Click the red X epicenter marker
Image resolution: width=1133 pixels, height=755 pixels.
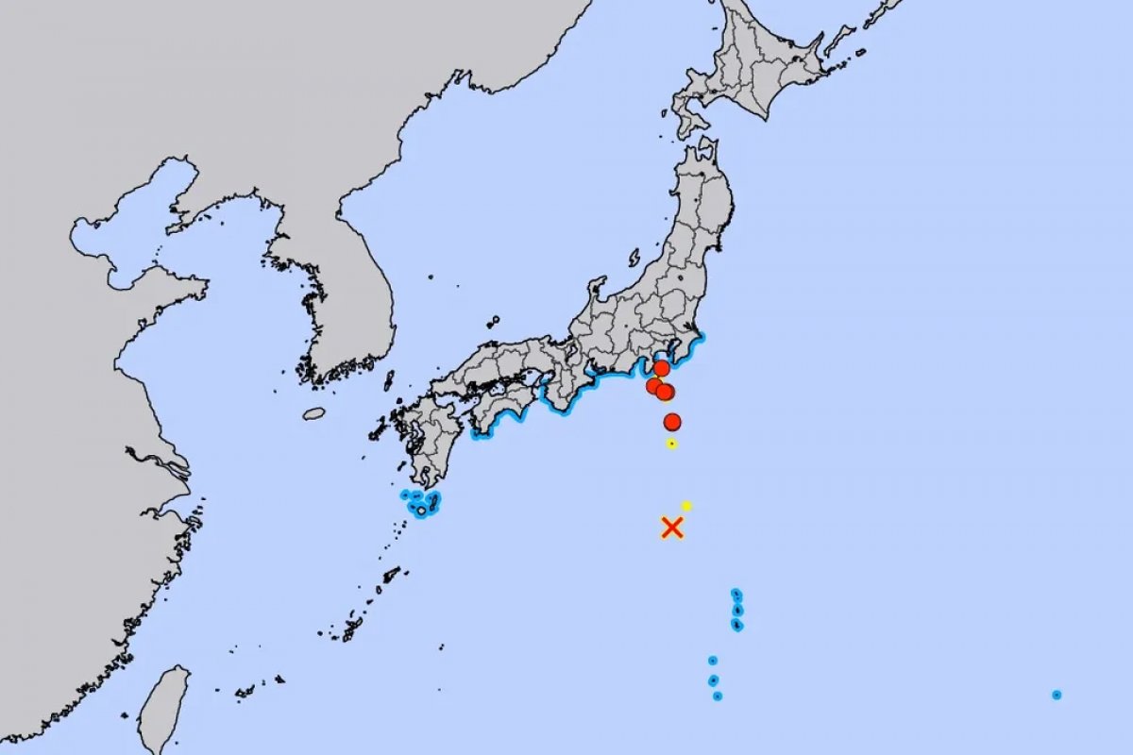pyautogui.click(x=671, y=527)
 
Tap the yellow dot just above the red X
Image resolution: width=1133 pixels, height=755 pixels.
pyautogui.click(x=686, y=506)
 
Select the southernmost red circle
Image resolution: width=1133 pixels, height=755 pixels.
pyautogui.click(x=672, y=421)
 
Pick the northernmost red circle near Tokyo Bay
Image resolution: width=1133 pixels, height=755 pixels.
pyautogui.click(x=662, y=368)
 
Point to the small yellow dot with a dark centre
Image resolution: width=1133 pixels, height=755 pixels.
pyautogui.click(x=671, y=443)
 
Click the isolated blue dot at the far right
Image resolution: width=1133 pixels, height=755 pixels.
pyautogui.click(x=1057, y=695)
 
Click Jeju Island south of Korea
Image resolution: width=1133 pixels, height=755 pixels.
pyautogui.click(x=313, y=413)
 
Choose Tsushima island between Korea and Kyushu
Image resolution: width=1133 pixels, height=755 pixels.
pyautogui.click(x=388, y=380)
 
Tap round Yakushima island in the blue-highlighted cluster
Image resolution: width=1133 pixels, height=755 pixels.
pyautogui.click(x=420, y=511)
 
